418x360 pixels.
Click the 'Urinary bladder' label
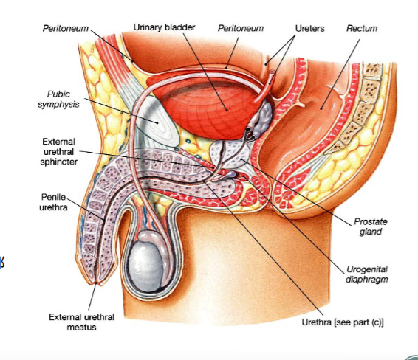click(164, 27)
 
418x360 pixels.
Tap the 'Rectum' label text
click(362, 28)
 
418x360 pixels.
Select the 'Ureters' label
click(309, 28)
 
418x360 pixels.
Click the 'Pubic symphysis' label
click(58, 99)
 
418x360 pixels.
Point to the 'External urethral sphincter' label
click(58, 151)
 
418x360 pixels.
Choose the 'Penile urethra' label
click(53, 202)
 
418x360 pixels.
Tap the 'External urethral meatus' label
click(81, 322)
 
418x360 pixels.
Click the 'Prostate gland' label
click(371, 226)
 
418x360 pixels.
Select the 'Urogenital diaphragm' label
click(367, 274)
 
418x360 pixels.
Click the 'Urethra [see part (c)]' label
click(343, 322)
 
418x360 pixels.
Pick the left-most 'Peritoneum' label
click(66, 28)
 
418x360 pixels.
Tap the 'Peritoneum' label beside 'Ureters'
click(241, 28)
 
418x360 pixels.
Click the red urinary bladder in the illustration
click(208, 109)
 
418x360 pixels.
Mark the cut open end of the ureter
click(273, 72)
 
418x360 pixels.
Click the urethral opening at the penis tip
click(97, 283)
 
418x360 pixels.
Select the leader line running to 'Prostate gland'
click(297, 193)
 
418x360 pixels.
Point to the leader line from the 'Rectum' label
click(340, 75)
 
